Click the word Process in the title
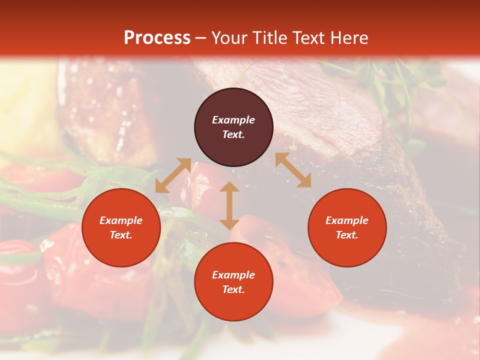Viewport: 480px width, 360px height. (157, 38)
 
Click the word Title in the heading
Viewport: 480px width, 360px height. (269, 38)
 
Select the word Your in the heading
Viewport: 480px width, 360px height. (229, 38)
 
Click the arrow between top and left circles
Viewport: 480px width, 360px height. (173, 175)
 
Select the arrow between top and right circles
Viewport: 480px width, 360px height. (293, 170)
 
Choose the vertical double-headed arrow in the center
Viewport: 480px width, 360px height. (229, 205)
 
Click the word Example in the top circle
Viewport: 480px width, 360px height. (233, 120)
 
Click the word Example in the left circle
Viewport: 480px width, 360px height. (121, 220)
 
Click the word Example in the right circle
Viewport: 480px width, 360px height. (347, 220)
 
